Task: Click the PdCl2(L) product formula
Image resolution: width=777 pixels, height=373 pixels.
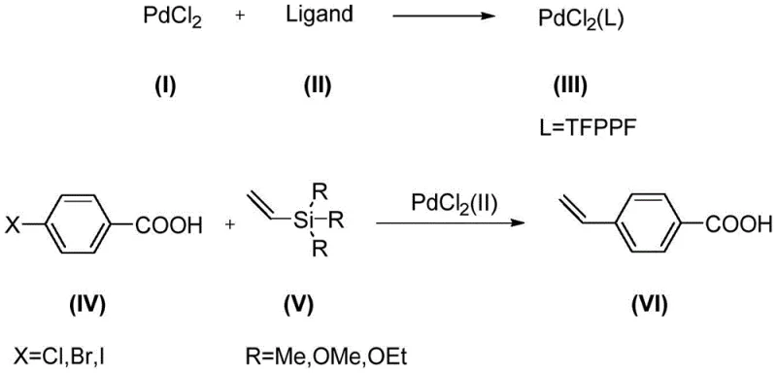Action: pos(580,20)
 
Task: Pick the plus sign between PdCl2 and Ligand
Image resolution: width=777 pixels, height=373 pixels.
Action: pos(240,19)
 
